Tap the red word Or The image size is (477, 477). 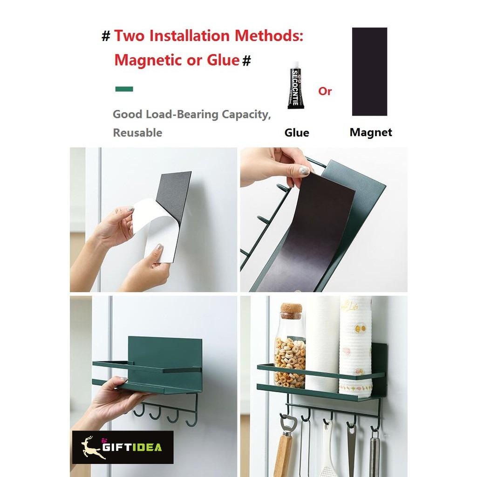[x=325, y=91]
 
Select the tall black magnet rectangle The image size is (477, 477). [x=369, y=71]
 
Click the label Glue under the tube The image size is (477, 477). [x=297, y=133]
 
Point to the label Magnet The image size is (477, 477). [x=371, y=132]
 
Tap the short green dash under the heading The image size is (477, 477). [x=123, y=89]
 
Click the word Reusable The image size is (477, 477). [x=137, y=133]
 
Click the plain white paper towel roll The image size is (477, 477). [x=322, y=345]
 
